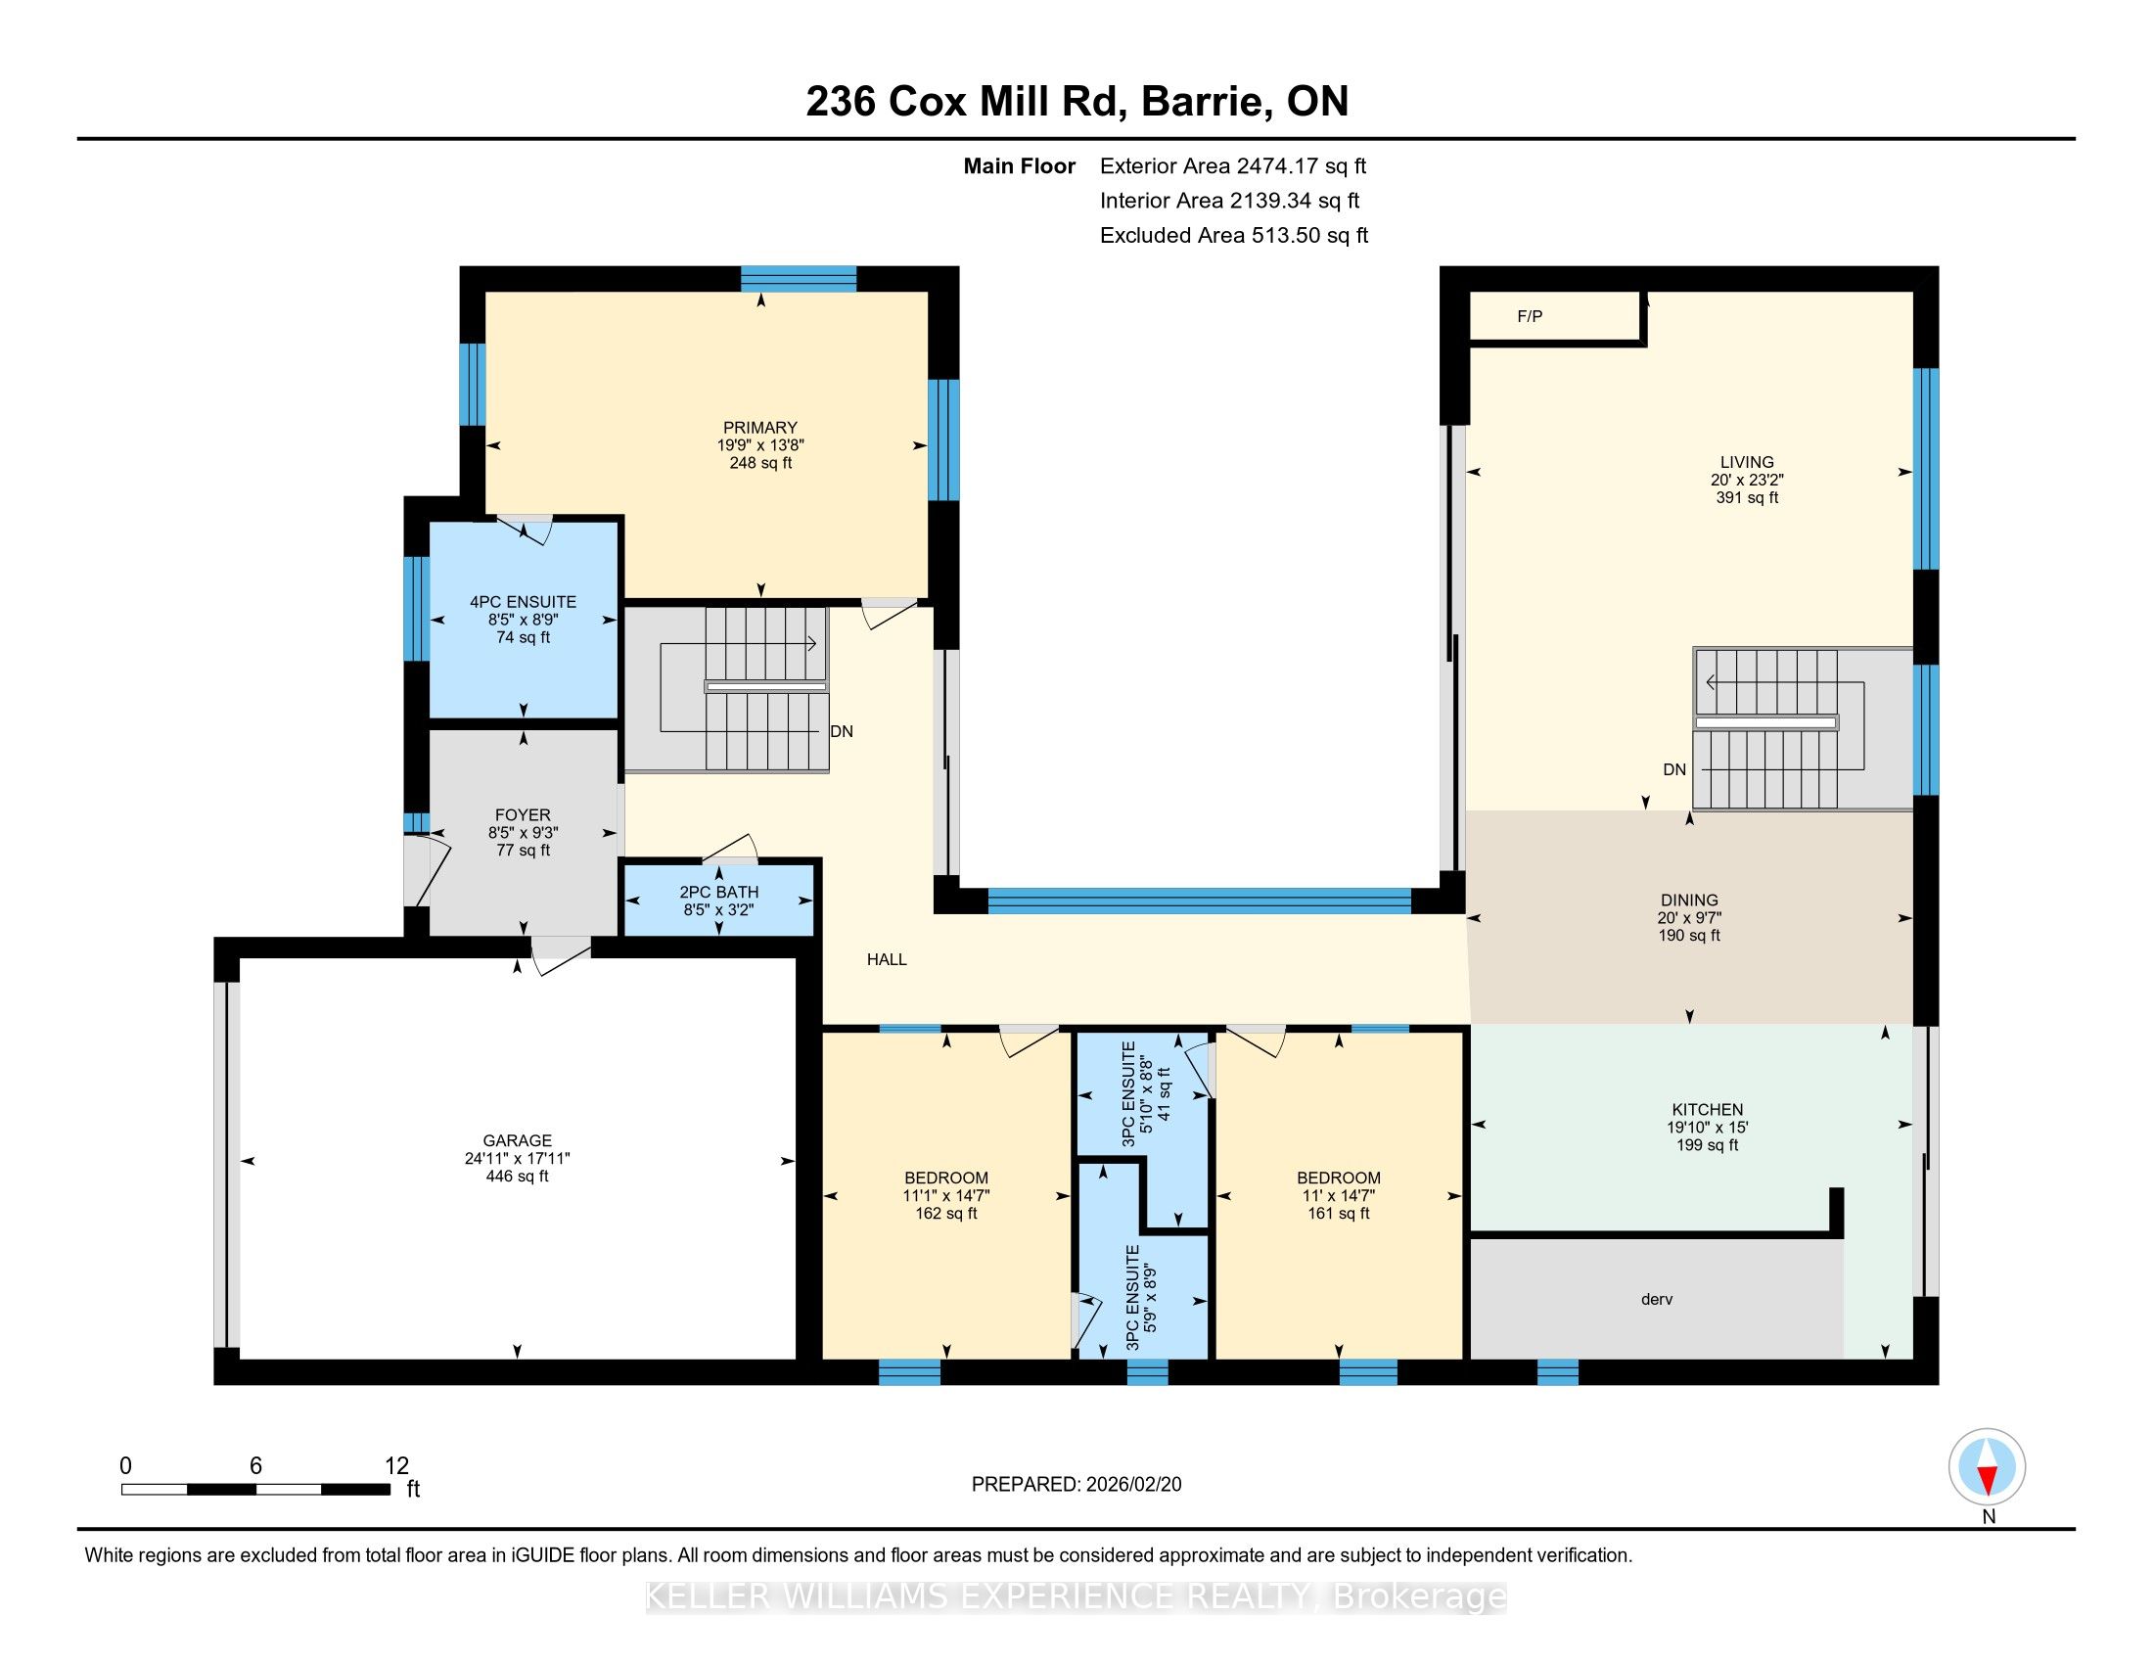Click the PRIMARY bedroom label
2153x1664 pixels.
click(x=759, y=428)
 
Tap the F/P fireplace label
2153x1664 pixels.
click(x=1529, y=316)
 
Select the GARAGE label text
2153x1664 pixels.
click(x=517, y=1140)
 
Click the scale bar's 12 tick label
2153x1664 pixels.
click(x=396, y=1466)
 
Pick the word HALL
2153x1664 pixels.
click(x=887, y=959)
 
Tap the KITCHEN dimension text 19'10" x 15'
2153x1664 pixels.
click(x=1708, y=1127)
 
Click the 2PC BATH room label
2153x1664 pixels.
click(x=718, y=892)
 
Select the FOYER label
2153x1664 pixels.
click(x=523, y=815)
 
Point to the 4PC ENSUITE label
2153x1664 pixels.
click(x=523, y=601)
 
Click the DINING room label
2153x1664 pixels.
click(x=1689, y=900)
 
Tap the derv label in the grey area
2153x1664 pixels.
click(x=1656, y=1299)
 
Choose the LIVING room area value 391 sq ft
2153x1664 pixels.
click(x=1747, y=498)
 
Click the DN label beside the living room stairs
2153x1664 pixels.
click(x=1673, y=770)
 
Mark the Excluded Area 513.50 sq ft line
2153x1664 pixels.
click(x=1234, y=235)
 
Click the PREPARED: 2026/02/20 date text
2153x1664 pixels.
click(x=1076, y=1485)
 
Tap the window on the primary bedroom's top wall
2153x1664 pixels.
click(x=799, y=279)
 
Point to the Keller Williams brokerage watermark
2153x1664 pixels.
click(x=1076, y=1596)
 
